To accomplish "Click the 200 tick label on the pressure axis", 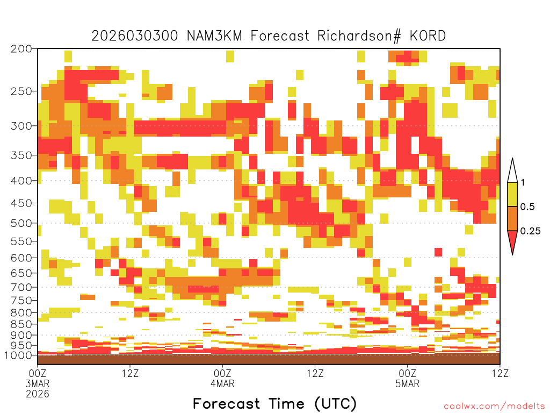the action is tap(21, 48).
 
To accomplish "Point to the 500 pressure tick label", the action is tap(21, 223).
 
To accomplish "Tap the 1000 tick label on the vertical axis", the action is tap(18, 355).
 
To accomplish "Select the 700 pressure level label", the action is tap(21, 287).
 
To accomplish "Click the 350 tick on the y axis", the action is tap(21, 155).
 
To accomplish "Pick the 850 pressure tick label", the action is tap(21, 324).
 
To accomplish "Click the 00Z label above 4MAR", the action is tap(222, 373).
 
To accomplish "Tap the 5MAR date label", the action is tap(407, 383).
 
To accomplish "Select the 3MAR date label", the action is tap(38, 383).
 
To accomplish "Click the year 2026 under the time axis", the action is tap(38, 394).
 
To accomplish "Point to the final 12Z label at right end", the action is tap(500, 373).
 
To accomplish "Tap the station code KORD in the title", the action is tap(428, 36).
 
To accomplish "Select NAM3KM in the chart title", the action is tap(214, 36).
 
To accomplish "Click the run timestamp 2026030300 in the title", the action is tap(135, 36).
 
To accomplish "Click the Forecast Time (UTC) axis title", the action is tap(274, 403).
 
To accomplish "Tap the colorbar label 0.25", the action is tap(530, 231).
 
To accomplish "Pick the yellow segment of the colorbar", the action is tap(512, 194).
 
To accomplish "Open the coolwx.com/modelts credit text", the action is tap(495, 407).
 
